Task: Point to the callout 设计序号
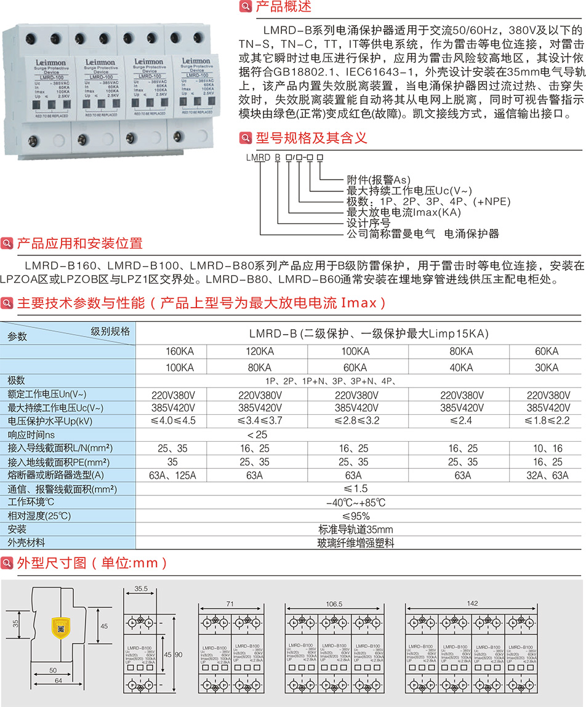coord(369,223)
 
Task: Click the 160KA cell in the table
coord(180,352)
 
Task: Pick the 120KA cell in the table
coord(260,352)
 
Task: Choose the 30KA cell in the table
coord(547,367)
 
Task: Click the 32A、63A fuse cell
coord(547,475)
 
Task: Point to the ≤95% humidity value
coord(356,516)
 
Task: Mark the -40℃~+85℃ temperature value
coord(356,503)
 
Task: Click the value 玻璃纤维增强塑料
coord(356,543)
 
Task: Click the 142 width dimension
coord(473,604)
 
